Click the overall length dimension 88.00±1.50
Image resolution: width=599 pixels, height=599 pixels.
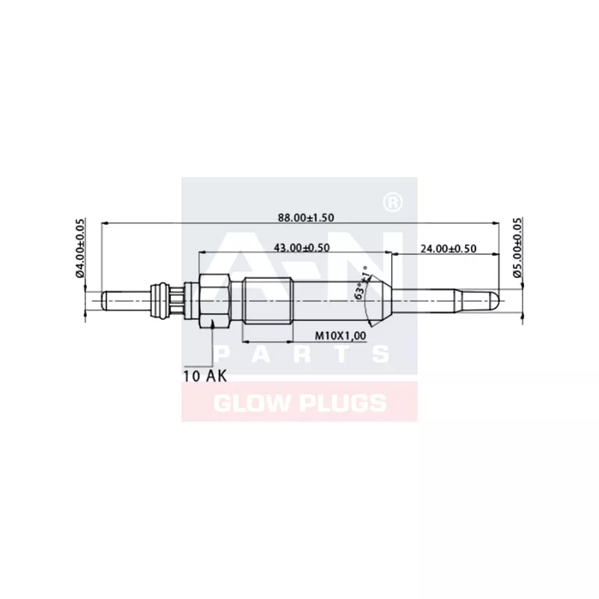(x=305, y=217)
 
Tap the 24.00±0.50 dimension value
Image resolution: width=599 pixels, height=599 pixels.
(x=448, y=249)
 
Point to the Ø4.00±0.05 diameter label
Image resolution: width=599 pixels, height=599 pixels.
(x=81, y=248)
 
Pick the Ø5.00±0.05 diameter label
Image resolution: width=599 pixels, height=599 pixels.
(x=517, y=248)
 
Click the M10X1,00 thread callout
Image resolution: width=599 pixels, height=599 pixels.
(x=340, y=336)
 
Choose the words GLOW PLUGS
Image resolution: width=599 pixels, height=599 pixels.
(x=299, y=404)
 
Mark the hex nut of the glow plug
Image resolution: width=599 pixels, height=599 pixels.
(x=213, y=299)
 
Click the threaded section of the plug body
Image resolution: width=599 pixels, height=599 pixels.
(x=267, y=299)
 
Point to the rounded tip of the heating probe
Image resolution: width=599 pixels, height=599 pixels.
(x=494, y=299)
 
